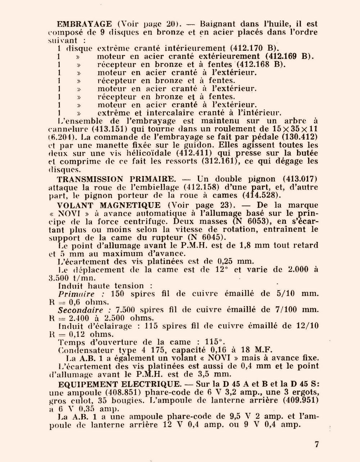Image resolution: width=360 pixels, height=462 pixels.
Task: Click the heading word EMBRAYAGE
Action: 85,24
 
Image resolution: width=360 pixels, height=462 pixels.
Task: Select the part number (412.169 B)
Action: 290,56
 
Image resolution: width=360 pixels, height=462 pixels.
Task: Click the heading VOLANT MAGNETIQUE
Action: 109,205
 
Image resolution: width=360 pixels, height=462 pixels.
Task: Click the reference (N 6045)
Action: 207,237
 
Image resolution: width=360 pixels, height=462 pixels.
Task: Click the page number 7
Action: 317,444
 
